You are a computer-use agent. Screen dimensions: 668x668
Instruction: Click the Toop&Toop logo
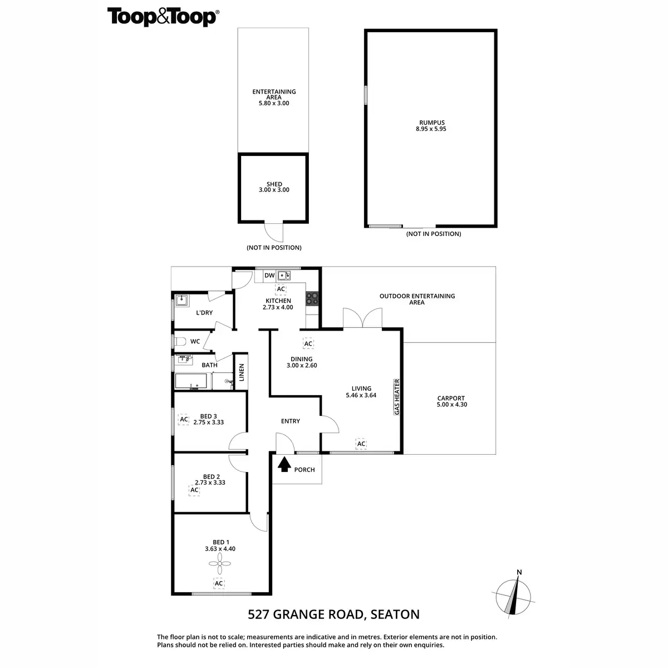(162, 17)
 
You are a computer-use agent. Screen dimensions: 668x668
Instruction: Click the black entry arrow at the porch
(284, 464)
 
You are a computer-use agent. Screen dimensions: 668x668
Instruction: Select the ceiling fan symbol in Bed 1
(219, 567)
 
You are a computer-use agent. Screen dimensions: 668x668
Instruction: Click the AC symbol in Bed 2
(194, 490)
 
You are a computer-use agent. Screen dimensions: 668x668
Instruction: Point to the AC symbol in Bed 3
(183, 419)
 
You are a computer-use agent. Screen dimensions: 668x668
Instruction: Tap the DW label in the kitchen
(269, 276)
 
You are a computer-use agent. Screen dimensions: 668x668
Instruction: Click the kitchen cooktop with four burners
(312, 298)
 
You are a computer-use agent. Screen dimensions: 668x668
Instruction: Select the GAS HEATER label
(397, 397)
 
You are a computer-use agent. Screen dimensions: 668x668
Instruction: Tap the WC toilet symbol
(179, 341)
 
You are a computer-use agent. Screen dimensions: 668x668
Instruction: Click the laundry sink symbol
(182, 301)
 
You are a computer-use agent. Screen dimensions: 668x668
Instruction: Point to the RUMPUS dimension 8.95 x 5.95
(431, 129)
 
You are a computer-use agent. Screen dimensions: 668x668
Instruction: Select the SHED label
(274, 184)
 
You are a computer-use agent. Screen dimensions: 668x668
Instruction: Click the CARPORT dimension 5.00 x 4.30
(451, 405)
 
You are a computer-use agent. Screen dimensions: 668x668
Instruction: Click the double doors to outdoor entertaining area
(363, 318)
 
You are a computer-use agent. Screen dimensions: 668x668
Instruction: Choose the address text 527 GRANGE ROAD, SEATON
(333, 615)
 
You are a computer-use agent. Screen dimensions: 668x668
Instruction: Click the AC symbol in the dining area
(308, 344)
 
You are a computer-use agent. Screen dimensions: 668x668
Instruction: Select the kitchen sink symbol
(284, 275)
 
